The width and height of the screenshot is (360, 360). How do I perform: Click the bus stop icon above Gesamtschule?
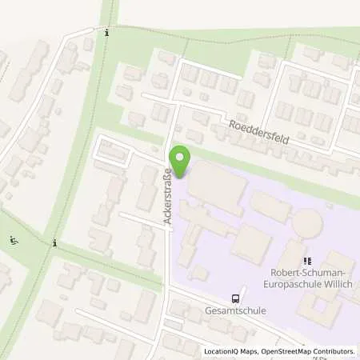point(235,298)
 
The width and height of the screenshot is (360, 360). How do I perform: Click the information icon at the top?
point(107,33)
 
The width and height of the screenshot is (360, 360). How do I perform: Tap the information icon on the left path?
point(54,242)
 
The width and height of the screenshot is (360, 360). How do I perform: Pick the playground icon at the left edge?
point(12,240)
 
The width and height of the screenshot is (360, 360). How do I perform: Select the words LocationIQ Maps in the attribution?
point(230,351)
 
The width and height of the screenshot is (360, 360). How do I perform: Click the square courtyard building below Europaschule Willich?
point(326,310)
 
